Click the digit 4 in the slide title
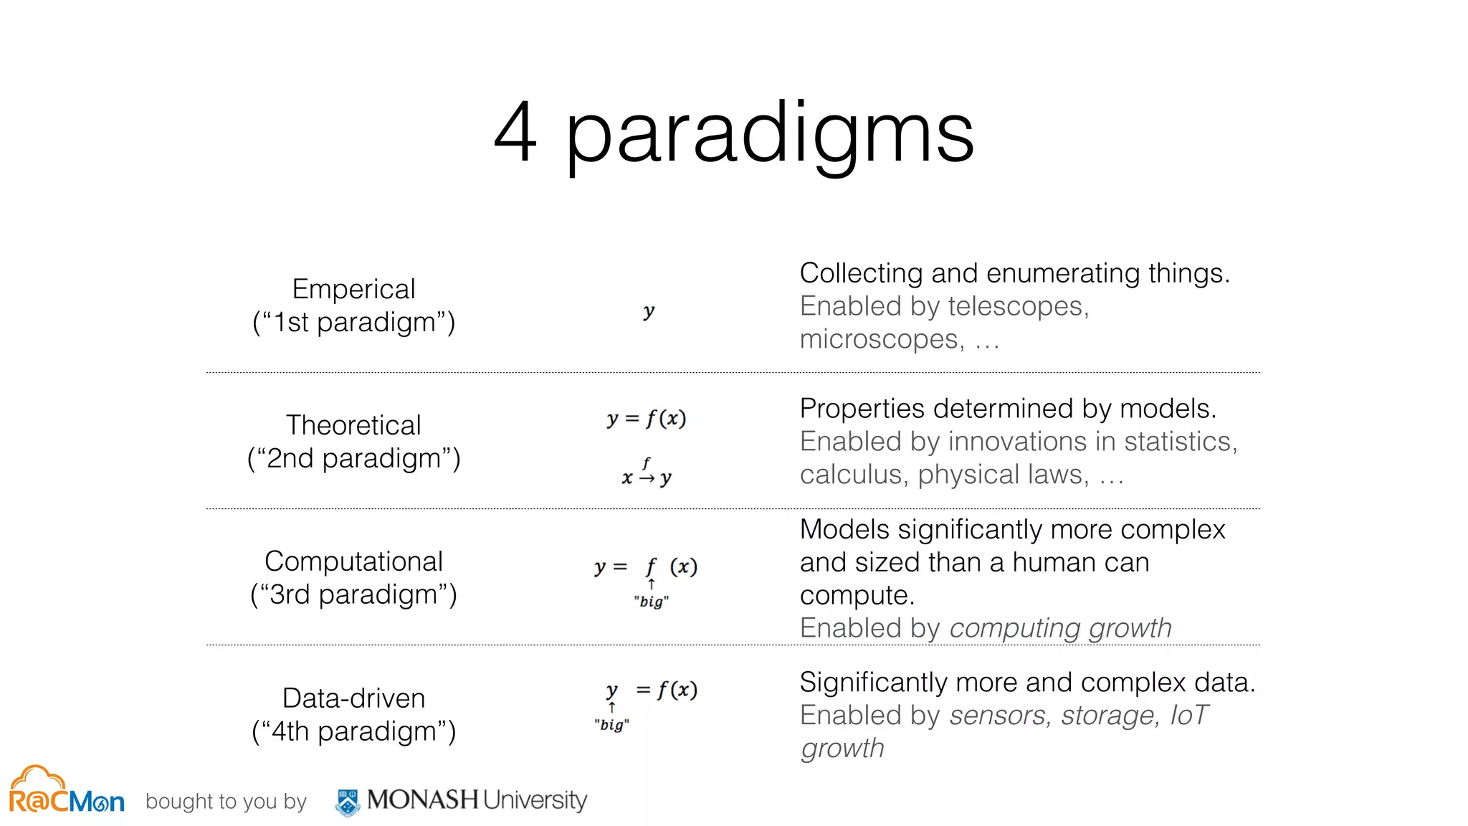click(x=515, y=132)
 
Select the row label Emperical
click(x=353, y=289)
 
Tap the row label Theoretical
click(x=353, y=425)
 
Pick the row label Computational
click(x=353, y=561)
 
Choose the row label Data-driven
click(x=353, y=698)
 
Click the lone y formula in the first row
click(x=649, y=311)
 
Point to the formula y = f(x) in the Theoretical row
click(x=647, y=419)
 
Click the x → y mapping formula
click(x=647, y=474)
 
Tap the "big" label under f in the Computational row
click(x=651, y=602)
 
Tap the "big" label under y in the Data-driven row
click(x=611, y=725)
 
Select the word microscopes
click(x=882, y=339)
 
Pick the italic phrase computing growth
click(x=1061, y=628)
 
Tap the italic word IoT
click(x=1189, y=716)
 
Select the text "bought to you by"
click(x=226, y=802)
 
